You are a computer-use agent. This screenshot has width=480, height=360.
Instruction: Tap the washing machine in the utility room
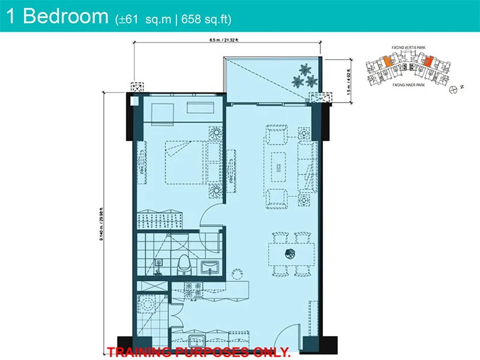click(x=148, y=304)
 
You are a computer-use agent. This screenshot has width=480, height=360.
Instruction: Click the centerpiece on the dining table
click(x=290, y=253)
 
